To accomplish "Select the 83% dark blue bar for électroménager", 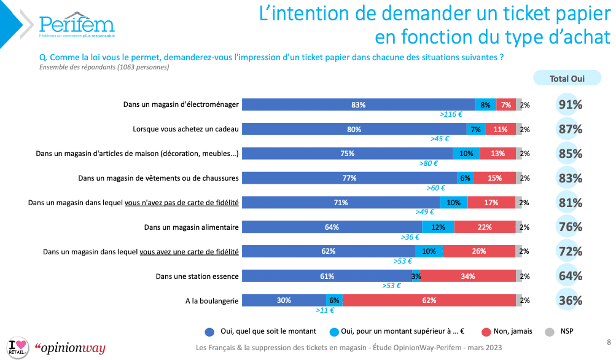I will (x=358, y=104).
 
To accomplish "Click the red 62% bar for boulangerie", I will (x=429, y=300).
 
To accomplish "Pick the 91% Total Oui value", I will (x=570, y=105).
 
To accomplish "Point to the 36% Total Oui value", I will (x=570, y=300).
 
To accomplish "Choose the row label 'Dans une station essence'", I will (x=197, y=276).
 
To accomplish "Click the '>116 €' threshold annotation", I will (x=451, y=114).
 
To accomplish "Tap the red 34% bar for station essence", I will (x=467, y=276).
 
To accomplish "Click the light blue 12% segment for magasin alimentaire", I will (x=439, y=227).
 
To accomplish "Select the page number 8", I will (x=608, y=342).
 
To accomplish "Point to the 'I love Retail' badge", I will (x=17, y=347).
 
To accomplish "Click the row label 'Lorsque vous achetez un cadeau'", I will (x=185, y=129).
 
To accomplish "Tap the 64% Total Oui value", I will (x=570, y=276).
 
